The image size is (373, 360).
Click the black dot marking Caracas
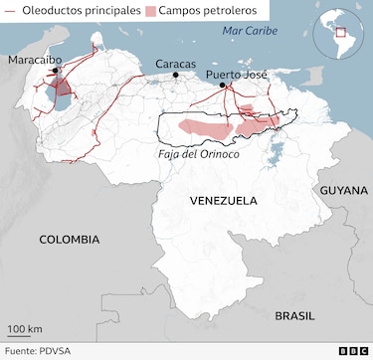[x=176, y=75]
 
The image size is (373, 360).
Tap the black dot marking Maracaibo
[x=56, y=74]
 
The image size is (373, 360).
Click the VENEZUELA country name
[x=224, y=200]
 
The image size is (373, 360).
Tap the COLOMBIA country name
[x=69, y=239]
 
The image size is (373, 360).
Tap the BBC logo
[x=351, y=351]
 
